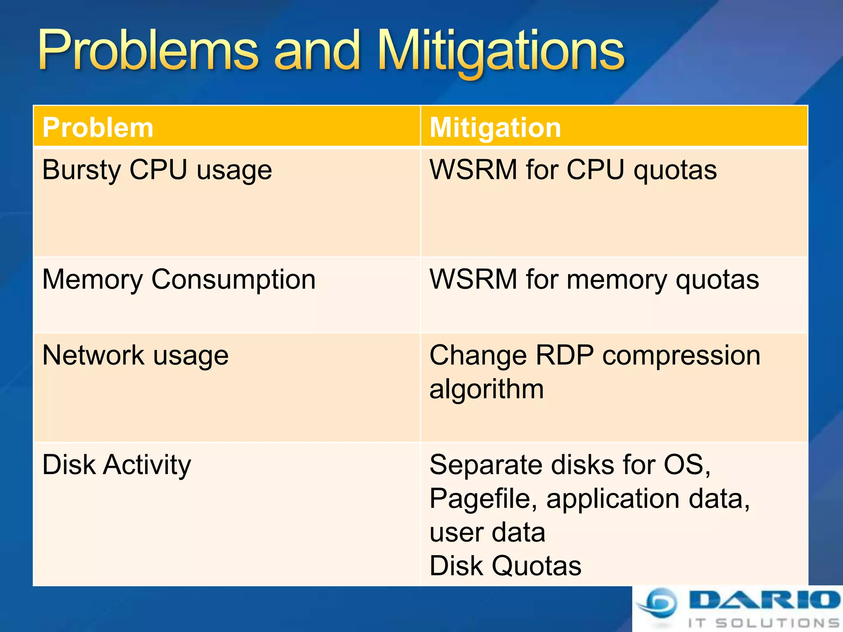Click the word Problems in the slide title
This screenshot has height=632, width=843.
pyautogui.click(x=148, y=51)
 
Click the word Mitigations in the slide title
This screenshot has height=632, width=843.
pyautogui.click(x=501, y=51)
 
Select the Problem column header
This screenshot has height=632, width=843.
pyautogui.click(x=98, y=127)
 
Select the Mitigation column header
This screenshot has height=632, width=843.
pyautogui.click(x=495, y=127)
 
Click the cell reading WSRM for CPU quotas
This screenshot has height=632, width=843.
pyautogui.click(x=573, y=170)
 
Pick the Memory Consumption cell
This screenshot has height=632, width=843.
pyautogui.click(x=179, y=279)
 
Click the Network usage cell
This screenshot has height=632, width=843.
pyautogui.click(x=135, y=355)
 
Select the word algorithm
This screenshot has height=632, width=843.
pyautogui.click(x=487, y=389)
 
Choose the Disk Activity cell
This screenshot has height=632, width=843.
pyautogui.click(x=116, y=465)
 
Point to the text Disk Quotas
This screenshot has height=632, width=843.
pyautogui.click(x=505, y=566)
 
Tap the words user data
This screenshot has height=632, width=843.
pyautogui.click(x=487, y=532)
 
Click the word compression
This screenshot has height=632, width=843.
pyautogui.click(x=681, y=355)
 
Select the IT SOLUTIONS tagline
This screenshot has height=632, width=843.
pyautogui.click(x=764, y=623)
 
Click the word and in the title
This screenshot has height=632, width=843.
pyautogui.click(x=317, y=51)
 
